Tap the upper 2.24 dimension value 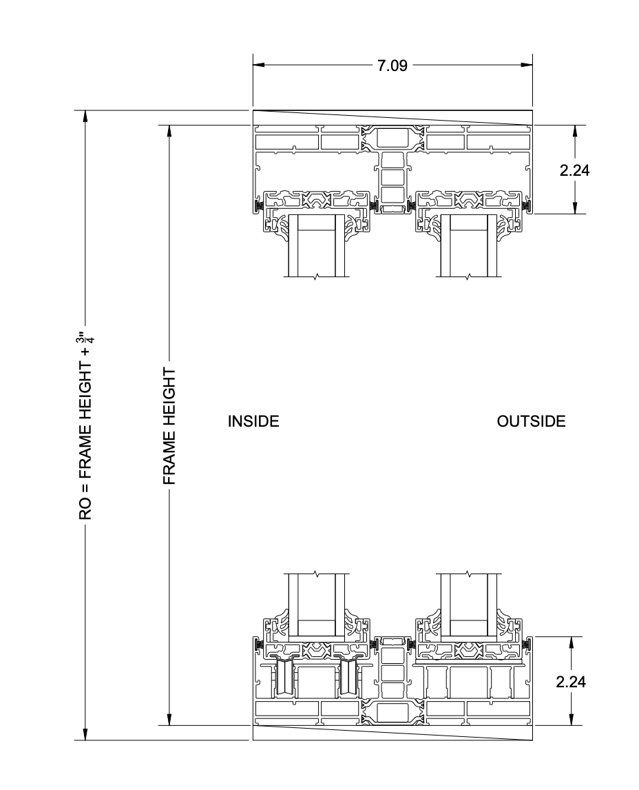point(574,170)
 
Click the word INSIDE point(253,421)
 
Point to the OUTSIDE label point(531,421)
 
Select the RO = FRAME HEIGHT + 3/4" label point(85,425)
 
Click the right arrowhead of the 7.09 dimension point(527,65)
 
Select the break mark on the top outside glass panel point(468,277)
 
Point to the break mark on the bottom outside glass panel point(468,574)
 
